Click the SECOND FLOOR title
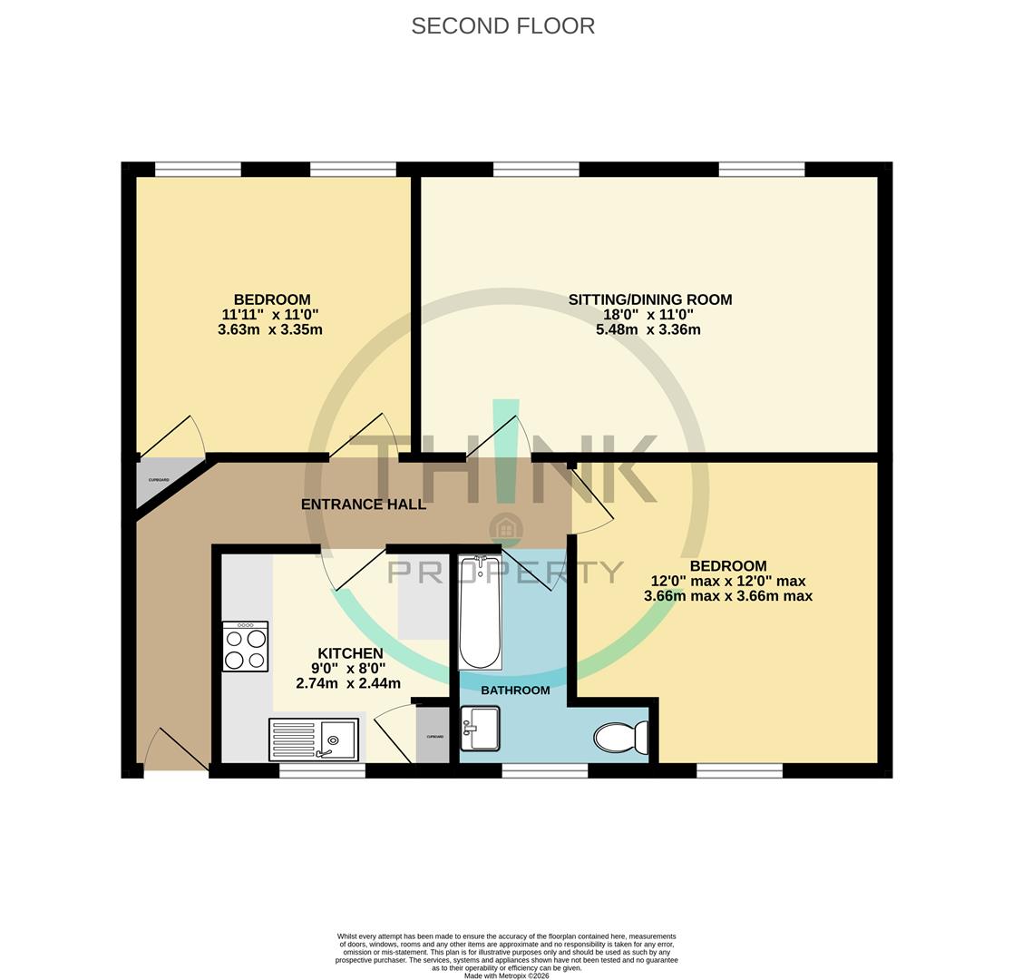coord(502,26)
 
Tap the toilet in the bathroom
coord(621,737)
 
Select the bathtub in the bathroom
coord(480,612)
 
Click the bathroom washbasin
coord(480,728)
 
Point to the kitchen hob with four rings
coord(245,646)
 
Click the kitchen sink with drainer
coord(314,740)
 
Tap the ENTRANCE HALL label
coord(363,505)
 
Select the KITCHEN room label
coord(350,653)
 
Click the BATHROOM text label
coord(515,691)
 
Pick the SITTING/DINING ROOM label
coord(649,299)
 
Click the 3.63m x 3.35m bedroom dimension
coord(269,330)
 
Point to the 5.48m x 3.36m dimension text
coord(648,330)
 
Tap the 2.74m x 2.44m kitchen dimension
coord(348,683)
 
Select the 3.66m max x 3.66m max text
coord(727,596)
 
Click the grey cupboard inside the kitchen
coord(433,736)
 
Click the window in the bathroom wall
coord(544,770)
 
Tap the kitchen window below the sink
coord(322,770)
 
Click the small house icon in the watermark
coord(505,529)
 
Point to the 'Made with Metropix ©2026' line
coord(506,975)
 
